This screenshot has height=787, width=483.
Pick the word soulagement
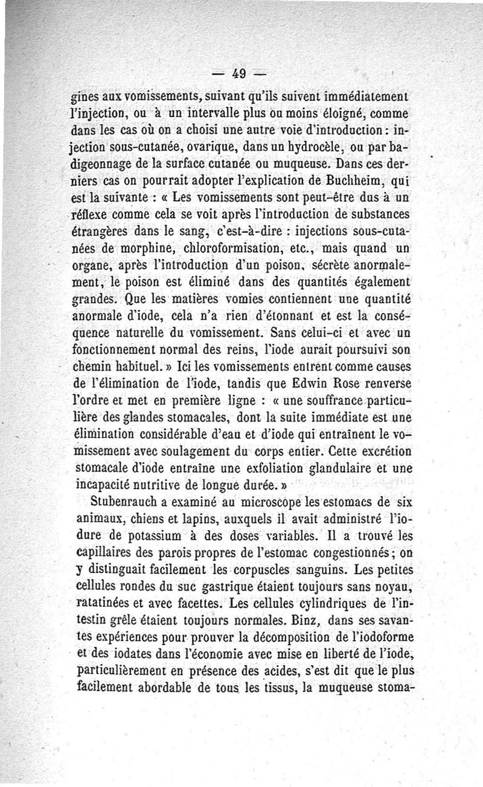coord(197,450)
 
